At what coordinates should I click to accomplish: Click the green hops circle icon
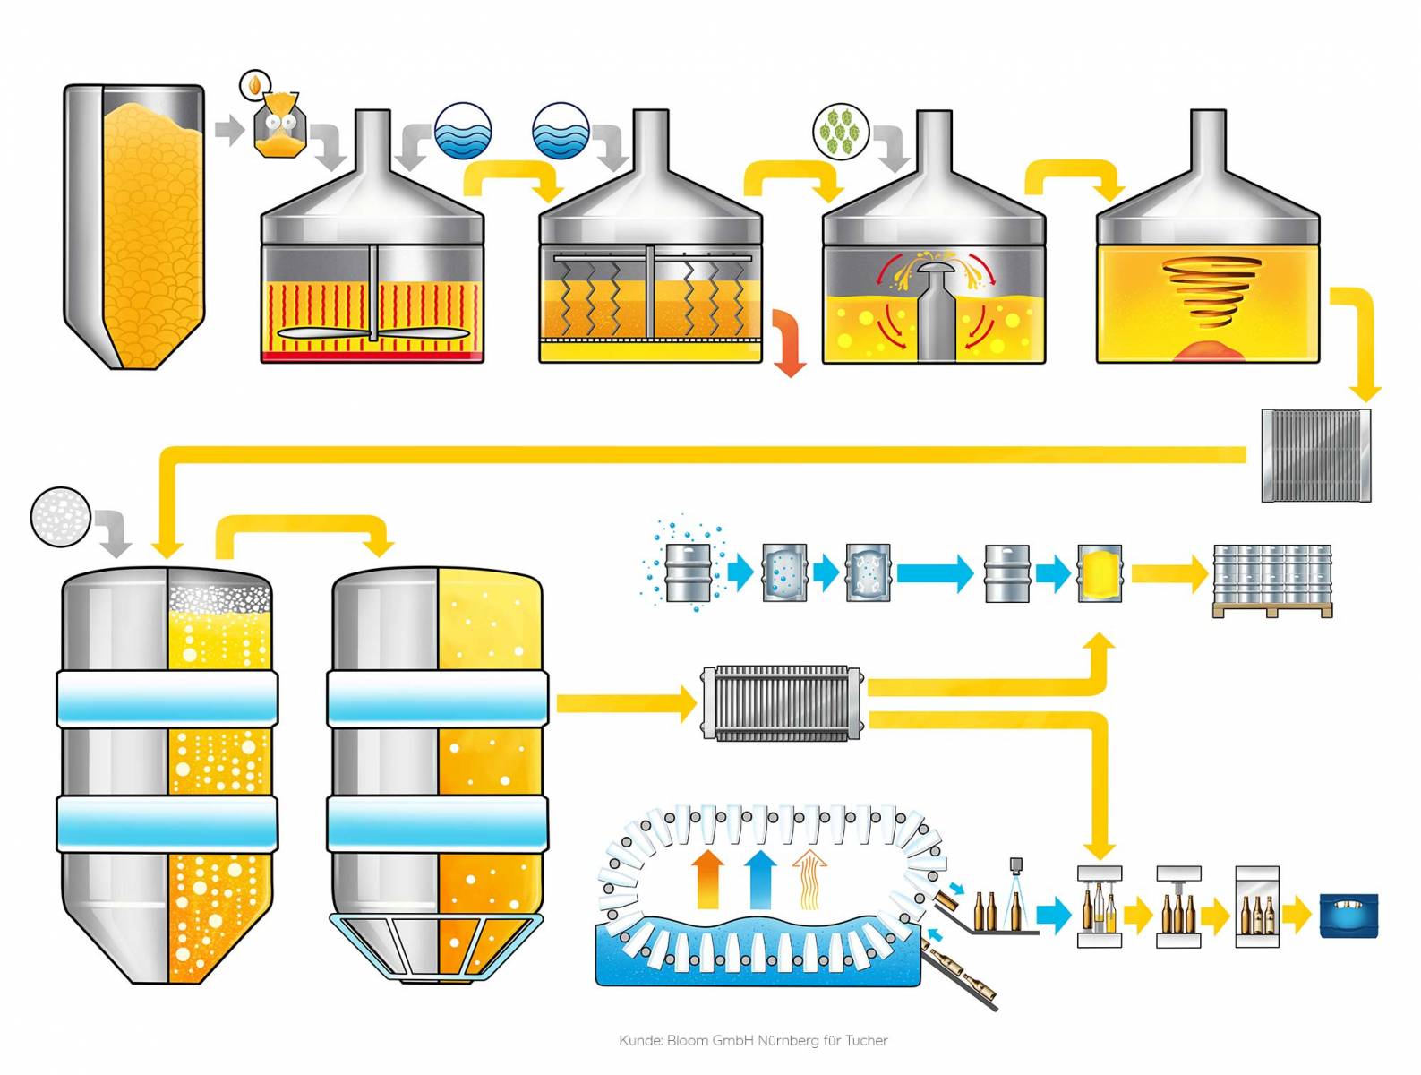click(x=841, y=131)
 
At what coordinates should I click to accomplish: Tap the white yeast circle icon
click(x=60, y=517)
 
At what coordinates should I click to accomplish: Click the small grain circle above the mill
click(x=255, y=85)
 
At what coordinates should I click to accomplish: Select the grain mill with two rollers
click(x=280, y=126)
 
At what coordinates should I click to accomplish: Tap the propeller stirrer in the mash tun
click(x=372, y=333)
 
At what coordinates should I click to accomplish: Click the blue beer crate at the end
click(x=1348, y=915)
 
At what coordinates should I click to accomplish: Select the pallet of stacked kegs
click(x=1271, y=580)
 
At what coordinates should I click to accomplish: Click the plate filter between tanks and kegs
click(x=782, y=702)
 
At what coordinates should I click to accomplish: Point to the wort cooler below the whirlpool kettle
click(x=1315, y=455)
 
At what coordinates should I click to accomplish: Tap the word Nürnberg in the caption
click(x=789, y=1040)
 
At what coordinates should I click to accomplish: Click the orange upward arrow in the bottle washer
click(x=709, y=880)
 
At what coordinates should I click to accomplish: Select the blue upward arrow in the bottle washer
click(x=760, y=880)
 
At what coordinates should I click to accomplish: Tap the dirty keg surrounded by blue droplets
click(x=689, y=572)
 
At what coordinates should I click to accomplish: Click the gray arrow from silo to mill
click(x=229, y=130)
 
